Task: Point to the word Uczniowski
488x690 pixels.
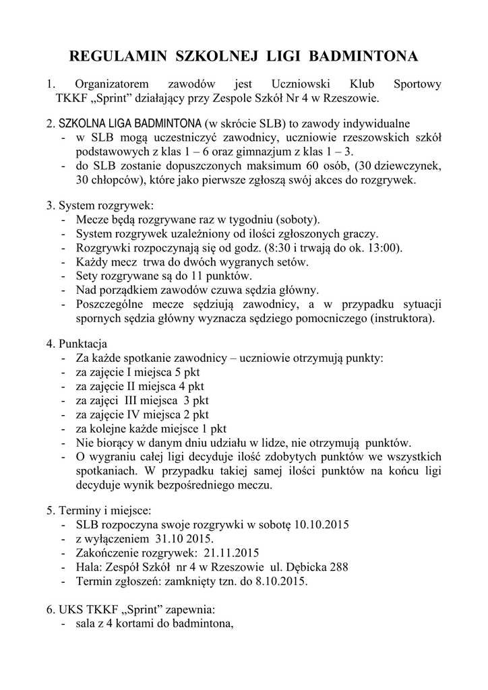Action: click(x=298, y=85)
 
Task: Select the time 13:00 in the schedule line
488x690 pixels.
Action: click(x=385, y=247)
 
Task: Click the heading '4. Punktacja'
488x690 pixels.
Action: click(x=77, y=344)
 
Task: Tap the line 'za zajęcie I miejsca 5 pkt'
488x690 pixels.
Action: click(x=138, y=372)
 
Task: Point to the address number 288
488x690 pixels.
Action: click(x=338, y=567)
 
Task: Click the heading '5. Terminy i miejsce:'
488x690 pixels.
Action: click(x=99, y=509)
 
